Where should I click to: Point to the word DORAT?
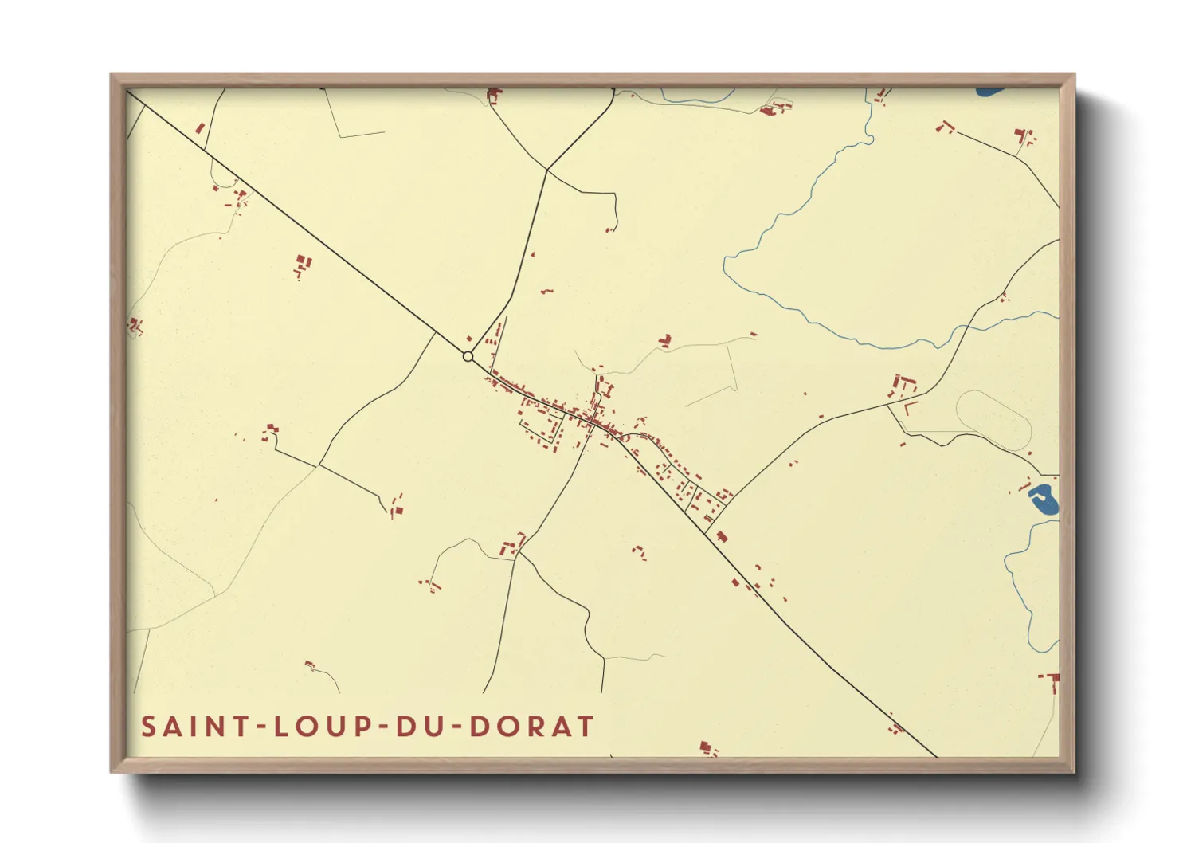coord(532,727)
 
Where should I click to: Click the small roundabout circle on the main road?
coord(468,356)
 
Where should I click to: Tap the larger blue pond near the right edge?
coord(1043,500)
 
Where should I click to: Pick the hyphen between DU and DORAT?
coord(457,727)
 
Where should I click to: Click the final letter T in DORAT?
coord(586,727)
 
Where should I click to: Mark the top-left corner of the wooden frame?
coord(112,75)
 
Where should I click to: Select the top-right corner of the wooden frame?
coord(1074,75)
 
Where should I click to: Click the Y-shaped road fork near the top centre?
coord(547,169)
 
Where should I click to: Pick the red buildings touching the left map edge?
coord(134,325)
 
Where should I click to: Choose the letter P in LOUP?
coord(363,727)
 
